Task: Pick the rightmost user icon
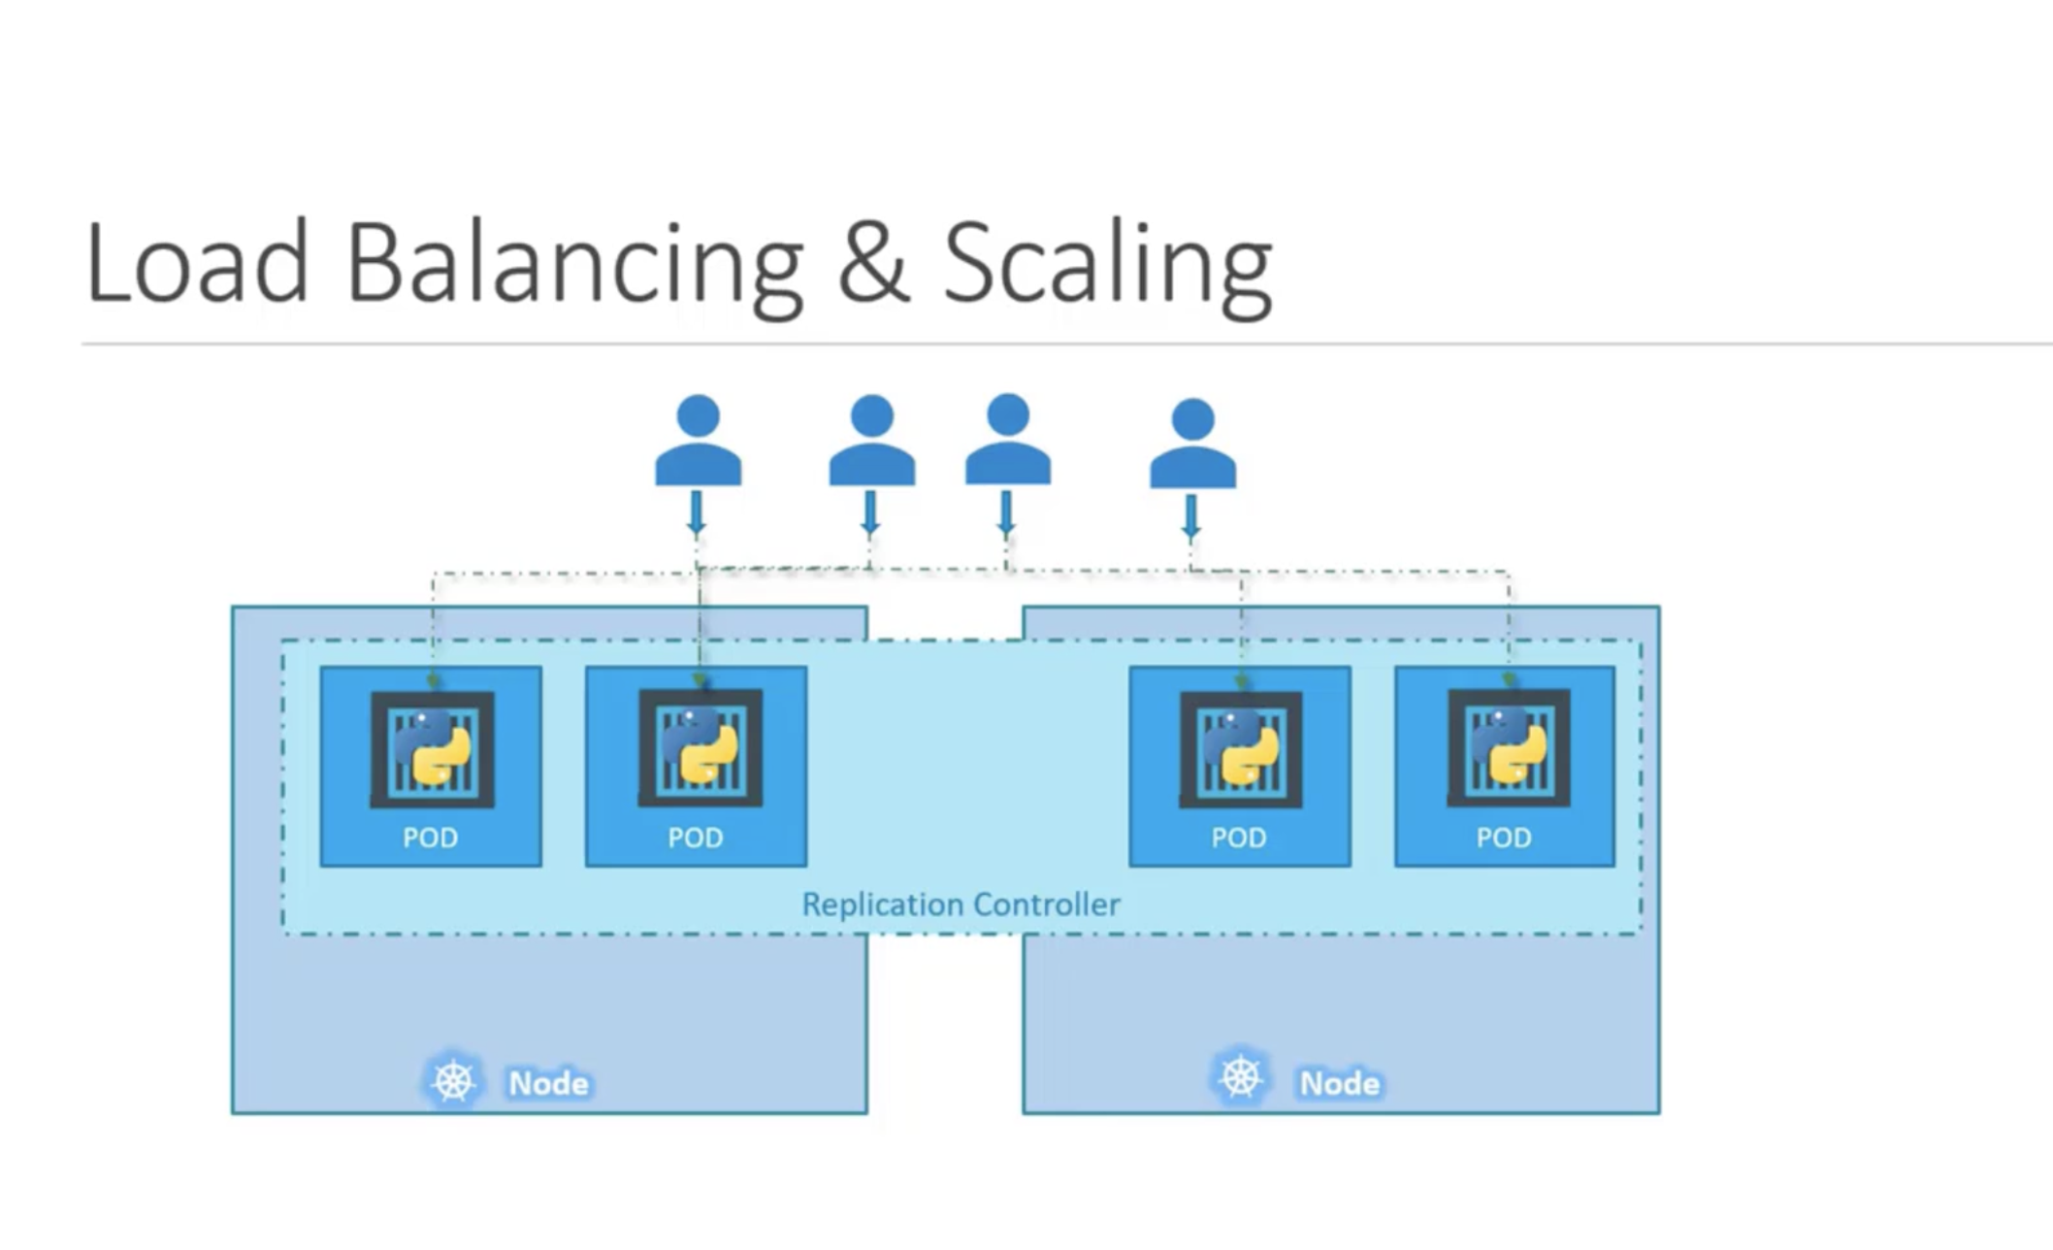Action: (x=1192, y=444)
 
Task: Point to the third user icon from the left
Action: (x=1007, y=439)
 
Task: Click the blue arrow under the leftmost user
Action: (x=697, y=513)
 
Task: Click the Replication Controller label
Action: (x=961, y=905)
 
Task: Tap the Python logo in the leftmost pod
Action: (x=432, y=746)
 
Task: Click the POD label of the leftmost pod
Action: (x=431, y=838)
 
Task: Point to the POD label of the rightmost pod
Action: (x=1504, y=838)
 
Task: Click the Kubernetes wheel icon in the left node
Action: (x=453, y=1080)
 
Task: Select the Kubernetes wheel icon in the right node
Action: (x=1241, y=1076)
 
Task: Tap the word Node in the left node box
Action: (x=549, y=1083)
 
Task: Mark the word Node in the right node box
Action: (x=1340, y=1083)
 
